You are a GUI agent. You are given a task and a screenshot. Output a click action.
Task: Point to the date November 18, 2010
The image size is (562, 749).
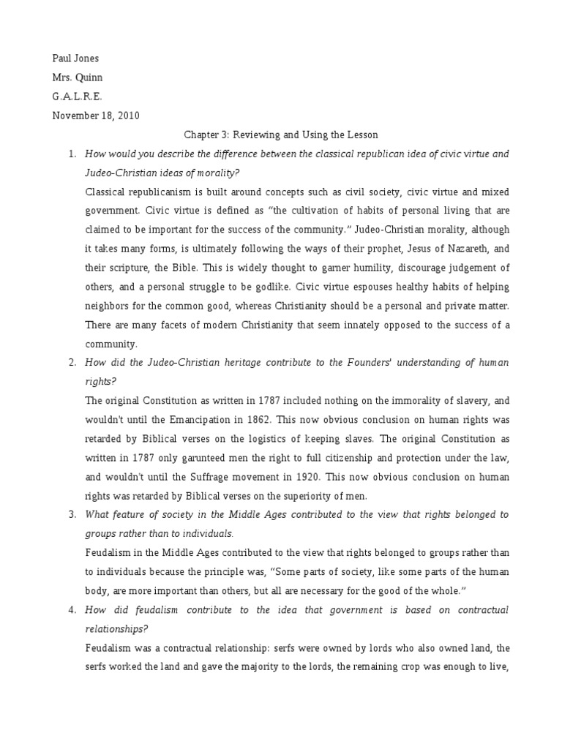(95, 115)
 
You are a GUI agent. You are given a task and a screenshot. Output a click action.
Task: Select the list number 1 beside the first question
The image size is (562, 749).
(71, 154)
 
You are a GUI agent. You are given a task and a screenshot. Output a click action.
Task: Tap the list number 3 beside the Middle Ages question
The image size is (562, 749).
(71, 514)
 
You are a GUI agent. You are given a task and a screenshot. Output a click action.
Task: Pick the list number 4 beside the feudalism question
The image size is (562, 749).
(71, 609)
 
